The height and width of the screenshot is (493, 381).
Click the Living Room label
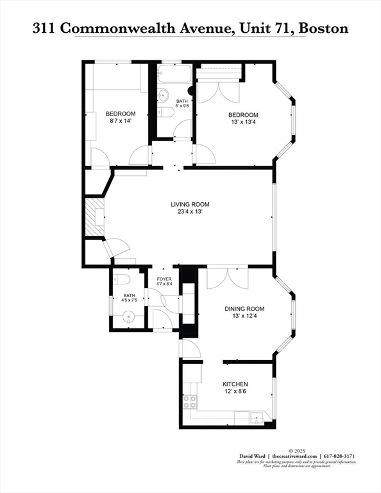click(x=190, y=204)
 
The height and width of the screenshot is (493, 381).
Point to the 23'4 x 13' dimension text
click(x=190, y=212)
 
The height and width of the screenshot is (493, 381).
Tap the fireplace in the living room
click(x=95, y=218)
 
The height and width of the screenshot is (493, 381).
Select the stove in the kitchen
click(x=190, y=402)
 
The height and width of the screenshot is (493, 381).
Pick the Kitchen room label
click(x=235, y=383)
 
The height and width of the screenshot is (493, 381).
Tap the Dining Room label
click(x=244, y=309)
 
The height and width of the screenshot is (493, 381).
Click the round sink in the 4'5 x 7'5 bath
click(x=130, y=316)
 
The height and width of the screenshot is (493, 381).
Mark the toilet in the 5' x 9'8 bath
click(x=166, y=113)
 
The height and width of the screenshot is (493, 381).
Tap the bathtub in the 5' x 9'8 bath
click(x=174, y=75)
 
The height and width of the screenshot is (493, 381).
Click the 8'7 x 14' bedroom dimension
click(x=121, y=120)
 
